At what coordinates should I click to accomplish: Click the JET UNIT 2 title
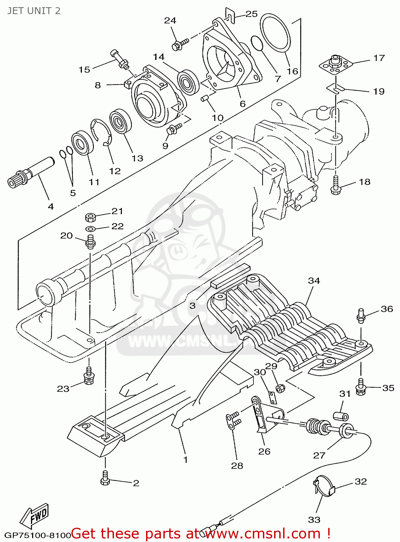[x=34, y=11]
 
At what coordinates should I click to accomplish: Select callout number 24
[x=170, y=21]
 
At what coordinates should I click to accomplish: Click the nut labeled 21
[x=90, y=218]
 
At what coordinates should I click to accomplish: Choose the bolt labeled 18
[x=335, y=185]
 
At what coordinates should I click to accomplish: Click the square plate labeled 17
[x=335, y=64]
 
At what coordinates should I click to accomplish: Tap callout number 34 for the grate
[x=314, y=281]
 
